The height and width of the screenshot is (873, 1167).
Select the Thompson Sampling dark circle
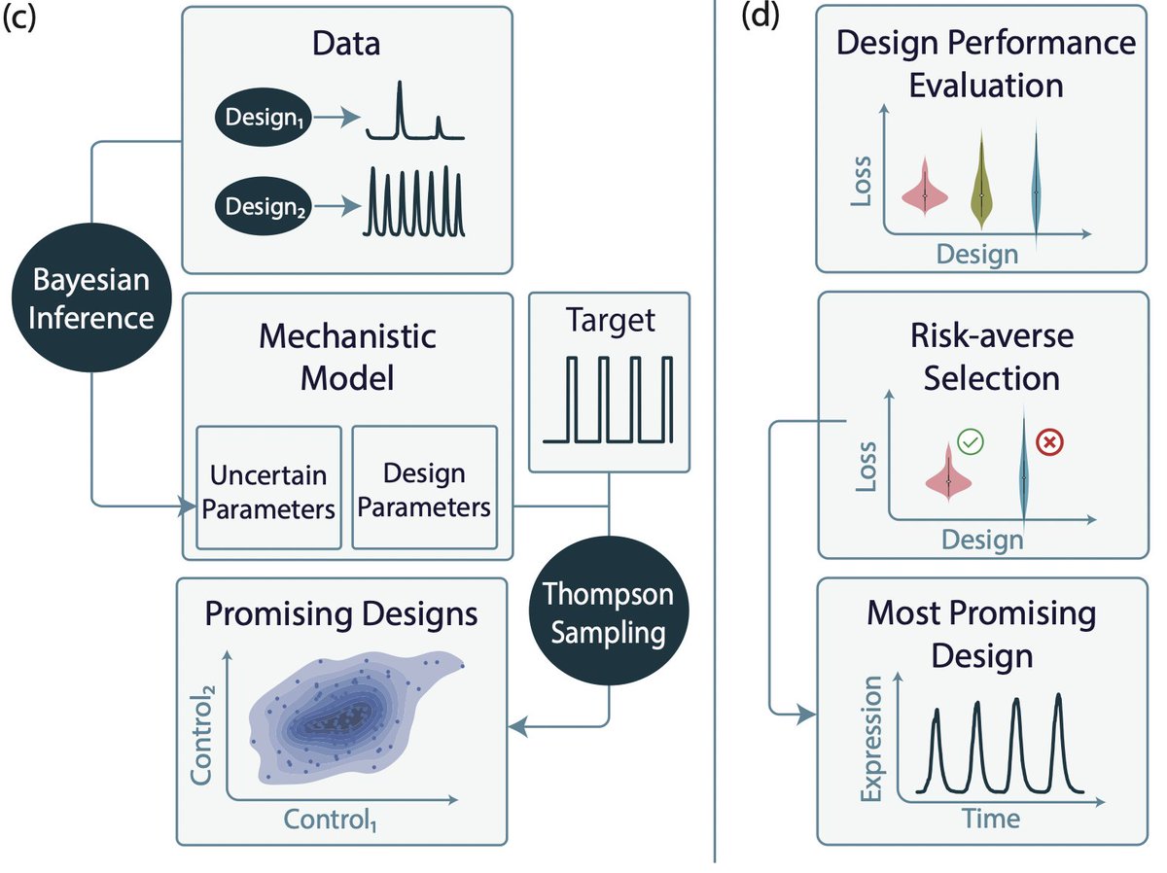609,612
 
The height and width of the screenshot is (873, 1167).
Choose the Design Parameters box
424,489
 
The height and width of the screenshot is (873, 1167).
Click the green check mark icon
971,443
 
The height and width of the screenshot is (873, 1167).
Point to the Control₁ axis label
330,821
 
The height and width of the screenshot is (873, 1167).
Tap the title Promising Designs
340,614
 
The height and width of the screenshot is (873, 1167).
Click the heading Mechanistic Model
347,356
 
